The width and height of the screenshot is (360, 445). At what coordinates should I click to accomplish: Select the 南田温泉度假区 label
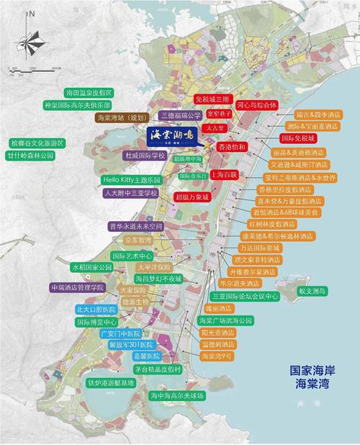pyautogui.click(x=78, y=93)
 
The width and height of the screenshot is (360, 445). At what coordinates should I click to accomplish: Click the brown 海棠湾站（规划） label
pyautogui.click(x=120, y=117)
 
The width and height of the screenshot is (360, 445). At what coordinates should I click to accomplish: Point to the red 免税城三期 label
pyautogui.click(x=214, y=99)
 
